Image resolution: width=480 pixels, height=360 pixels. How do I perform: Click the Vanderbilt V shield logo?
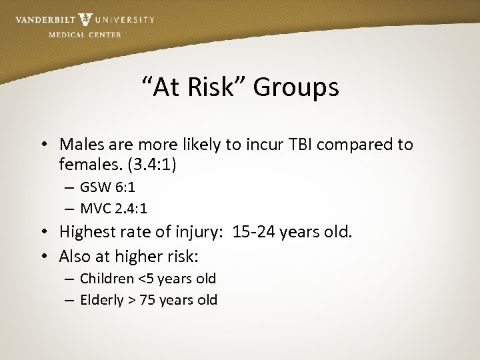pyautogui.click(x=85, y=19)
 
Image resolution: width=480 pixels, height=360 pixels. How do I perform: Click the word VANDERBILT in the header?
pyautogui.click(x=45, y=20)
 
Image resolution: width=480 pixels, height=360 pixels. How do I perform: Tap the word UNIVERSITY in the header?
pyautogui.click(x=125, y=20)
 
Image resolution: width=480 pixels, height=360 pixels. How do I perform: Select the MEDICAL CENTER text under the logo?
pyautogui.click(x=85, y=35)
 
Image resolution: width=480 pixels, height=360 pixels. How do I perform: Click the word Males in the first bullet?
pyautogui.click(x=79, y=144)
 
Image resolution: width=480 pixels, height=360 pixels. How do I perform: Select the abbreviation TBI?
pyautogui.click(x=297, y=144)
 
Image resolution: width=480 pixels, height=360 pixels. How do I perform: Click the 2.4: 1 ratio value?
pyautogui.click(x=132, y=209)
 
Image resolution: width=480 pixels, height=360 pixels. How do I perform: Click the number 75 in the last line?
pyautogui.click(x=149, y=300)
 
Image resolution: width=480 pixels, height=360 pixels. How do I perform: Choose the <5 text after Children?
pyautogui.click(x=144, y=279)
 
